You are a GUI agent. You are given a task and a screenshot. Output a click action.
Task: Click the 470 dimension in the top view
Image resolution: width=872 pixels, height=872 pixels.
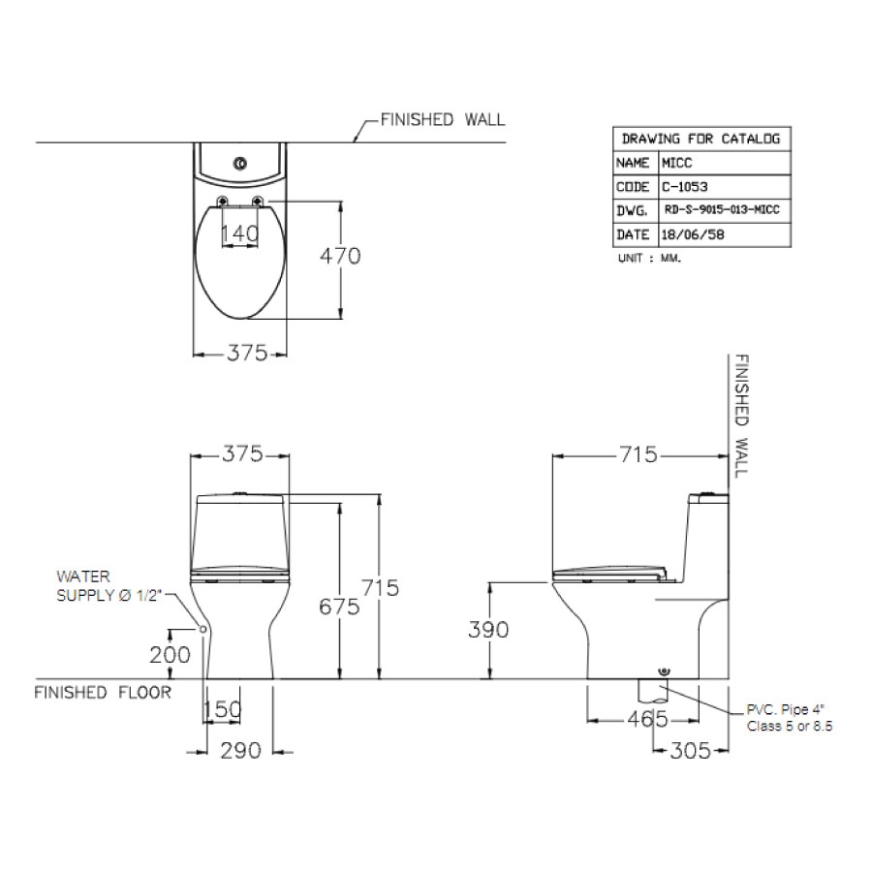[341, 257]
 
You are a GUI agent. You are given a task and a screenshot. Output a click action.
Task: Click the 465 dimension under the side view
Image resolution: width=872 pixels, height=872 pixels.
[646, 719]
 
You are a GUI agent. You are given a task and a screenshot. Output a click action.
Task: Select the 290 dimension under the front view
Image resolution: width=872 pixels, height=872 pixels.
[241, 751]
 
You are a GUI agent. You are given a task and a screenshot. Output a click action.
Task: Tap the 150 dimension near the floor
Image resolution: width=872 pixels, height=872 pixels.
[222, 711]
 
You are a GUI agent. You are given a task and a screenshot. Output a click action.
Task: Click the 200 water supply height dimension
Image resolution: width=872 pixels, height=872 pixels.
[170, 655]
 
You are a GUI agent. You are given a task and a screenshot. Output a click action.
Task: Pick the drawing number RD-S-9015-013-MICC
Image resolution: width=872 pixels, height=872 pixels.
[722, 210]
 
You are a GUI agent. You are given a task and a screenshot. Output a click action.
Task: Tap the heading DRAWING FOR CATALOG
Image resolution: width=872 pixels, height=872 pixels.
[701, 139]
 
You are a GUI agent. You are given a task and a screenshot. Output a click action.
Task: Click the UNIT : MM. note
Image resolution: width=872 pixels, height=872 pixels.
[649, 260]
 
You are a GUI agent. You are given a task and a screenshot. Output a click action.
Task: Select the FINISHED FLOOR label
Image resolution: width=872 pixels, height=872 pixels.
[103, 693]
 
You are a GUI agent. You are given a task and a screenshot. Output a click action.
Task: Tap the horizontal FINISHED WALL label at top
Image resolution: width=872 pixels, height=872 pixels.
[442, 119]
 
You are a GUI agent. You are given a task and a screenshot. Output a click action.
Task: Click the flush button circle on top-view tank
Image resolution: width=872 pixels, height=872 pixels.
[240, 163]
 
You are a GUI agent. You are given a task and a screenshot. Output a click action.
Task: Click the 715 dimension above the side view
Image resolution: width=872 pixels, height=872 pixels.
[638, 454]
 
